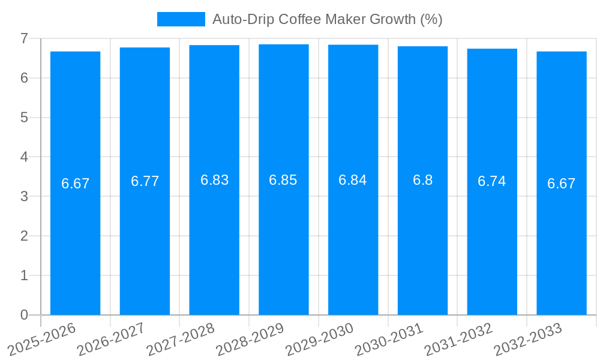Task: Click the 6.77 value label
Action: coord(145,181)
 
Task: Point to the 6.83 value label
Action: coord(214,180)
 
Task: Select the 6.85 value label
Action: coord(283,180)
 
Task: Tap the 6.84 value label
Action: coord(353,180)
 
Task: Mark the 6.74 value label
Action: coord(492,181)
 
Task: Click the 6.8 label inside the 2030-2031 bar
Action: coord(422,180)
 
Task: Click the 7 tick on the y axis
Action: coord(24,38)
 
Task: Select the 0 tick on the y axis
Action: coord(24,315)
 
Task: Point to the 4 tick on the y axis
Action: coord(24,157)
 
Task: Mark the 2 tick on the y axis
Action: coord(24,236)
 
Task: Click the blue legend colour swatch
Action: coord(181,19)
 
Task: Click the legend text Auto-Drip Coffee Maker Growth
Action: coord(327,19)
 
